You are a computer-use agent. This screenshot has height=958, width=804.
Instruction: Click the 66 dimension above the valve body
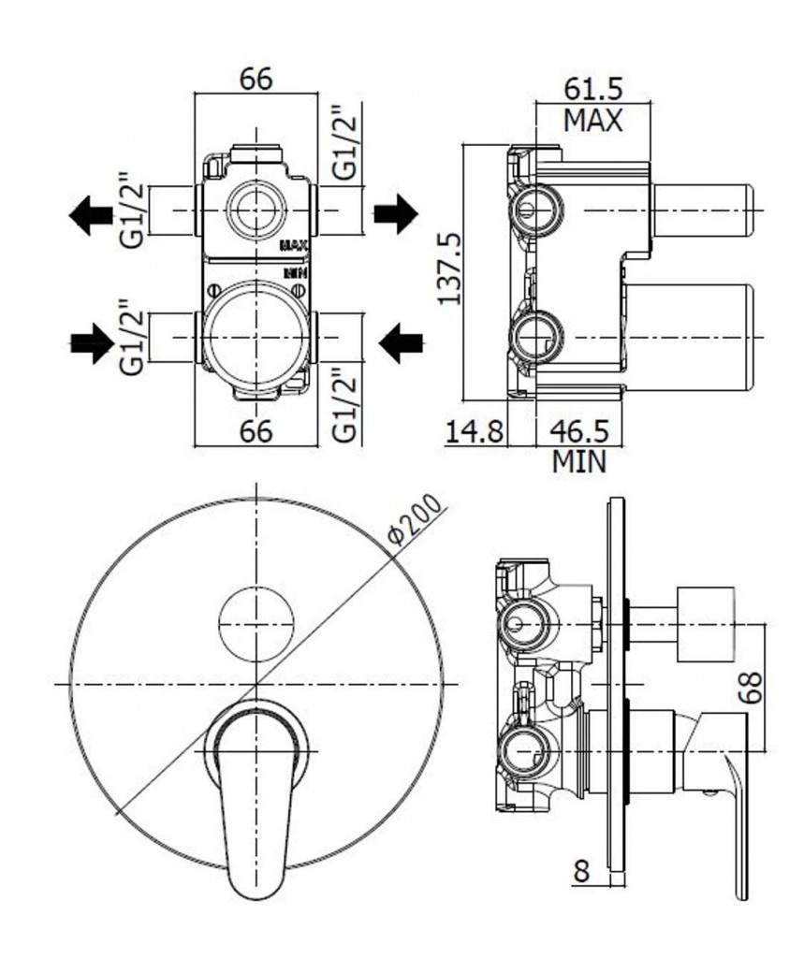pos(256,80)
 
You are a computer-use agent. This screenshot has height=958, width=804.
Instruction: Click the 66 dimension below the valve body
pos(256,431)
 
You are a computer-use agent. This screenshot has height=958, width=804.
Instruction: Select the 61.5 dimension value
pos(593,89)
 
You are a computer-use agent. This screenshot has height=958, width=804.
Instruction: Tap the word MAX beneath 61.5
pos(592,121)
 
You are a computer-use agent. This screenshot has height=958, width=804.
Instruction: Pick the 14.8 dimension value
pos(475,431)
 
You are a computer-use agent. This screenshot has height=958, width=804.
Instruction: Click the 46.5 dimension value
pos(579,431)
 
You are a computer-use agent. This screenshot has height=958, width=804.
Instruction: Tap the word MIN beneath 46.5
pos(579,462)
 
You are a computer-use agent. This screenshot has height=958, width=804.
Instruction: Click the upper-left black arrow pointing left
pos(91,216)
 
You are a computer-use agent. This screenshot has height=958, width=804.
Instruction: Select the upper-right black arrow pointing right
pos(396,214)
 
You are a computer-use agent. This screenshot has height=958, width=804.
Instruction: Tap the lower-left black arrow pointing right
pos(93,343)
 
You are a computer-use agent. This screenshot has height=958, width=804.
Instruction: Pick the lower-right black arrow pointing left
pos(402,343)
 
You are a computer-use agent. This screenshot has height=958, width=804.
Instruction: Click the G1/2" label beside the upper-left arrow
pos(131,210)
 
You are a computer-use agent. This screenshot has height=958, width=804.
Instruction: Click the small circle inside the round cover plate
pos(256,623)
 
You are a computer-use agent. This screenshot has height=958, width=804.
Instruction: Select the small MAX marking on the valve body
pos(294,246)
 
